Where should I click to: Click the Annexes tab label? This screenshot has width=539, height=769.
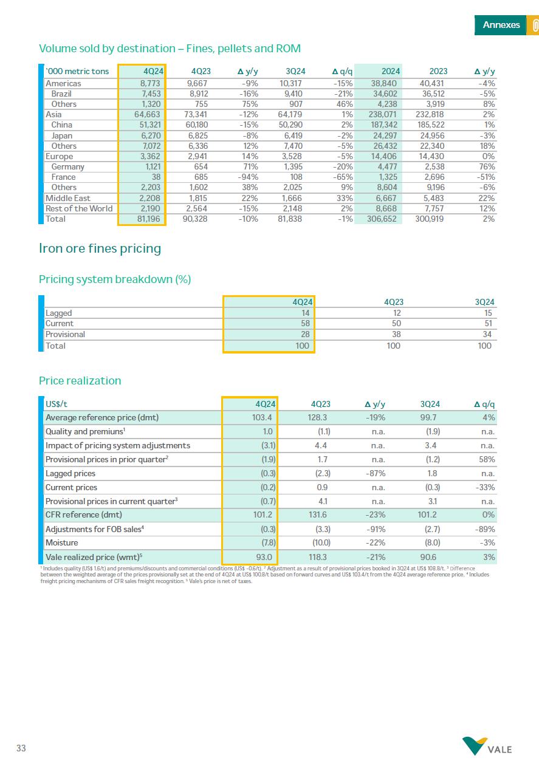pos(501,25)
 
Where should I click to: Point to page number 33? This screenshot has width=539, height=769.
pos(21,748)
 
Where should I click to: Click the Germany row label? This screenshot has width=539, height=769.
pos(67,167)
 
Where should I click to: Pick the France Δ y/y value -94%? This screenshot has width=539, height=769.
pos(249,177)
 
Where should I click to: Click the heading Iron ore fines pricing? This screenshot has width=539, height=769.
pos(100,248)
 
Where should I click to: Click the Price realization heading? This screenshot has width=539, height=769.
pos(80,381)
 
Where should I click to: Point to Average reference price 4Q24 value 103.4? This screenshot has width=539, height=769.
pos(262,418)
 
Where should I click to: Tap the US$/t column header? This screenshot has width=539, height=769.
pos(57,404)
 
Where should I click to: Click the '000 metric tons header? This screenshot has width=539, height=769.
pos(77,72)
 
